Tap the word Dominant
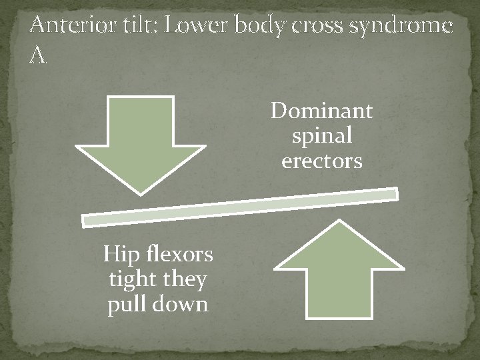tap(322, 111)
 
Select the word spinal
tap(322, 137)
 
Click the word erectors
tap(322, 161)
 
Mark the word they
tap(184, 280)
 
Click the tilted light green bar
tap(240, 207)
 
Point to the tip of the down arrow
tap(141, 193)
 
